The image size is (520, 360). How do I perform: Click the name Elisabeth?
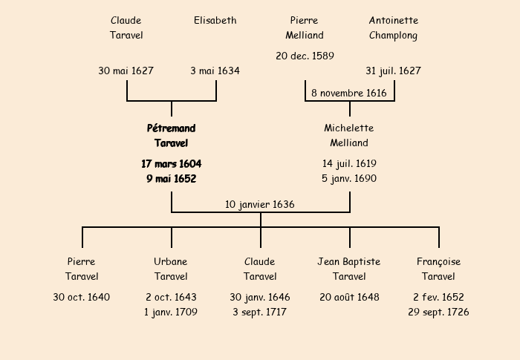[x=215, y=21]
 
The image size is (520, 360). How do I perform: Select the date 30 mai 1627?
[x=126, y=71]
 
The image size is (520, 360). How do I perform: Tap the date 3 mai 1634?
[x=215, y=71]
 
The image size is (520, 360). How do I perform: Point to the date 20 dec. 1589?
[x=305, y=56]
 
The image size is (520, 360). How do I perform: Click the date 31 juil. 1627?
[x=393, y=71]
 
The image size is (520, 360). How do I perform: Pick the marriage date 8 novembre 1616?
[x=349, y=94]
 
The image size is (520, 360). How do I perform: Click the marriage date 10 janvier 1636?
[x=260, y=204]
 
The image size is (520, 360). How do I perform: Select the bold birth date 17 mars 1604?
[x=172, y=163]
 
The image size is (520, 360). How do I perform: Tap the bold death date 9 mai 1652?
[x=172, y=179]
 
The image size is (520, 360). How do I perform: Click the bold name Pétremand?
[x=172, y=128]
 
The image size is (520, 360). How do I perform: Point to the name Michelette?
[x=349, y=128]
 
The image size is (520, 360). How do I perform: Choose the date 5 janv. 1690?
[x=349, y=179]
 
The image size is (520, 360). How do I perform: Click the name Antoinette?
[x=394, y=21]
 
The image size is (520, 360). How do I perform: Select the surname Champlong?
[x=394, y=36]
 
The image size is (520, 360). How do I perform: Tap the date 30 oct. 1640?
[x=82, y=298]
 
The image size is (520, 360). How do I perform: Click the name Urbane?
[x=171, y=262]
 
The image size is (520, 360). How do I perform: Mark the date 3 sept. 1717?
[x=260, y=312]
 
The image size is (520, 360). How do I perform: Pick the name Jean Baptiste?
[x=349, y=262]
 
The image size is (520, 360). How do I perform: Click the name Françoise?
[x=438, y=262]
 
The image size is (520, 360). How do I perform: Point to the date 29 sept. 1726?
[x=438, y=312]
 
